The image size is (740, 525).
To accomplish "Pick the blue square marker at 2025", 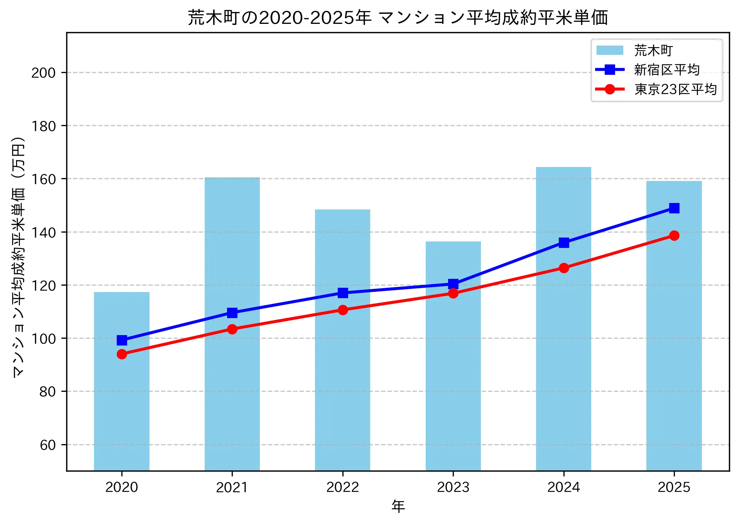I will [x=674, y=208].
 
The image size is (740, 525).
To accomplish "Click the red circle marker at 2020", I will [x=122, y=354].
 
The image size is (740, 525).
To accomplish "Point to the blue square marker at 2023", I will [x=453, y=284].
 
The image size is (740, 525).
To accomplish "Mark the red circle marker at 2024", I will [x=563, y=268].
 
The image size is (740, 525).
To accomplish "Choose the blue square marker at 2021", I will [x=232, y=313].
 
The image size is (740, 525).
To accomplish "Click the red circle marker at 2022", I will [x=343, y=310].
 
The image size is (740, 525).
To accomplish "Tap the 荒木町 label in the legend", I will [x=653, y=51].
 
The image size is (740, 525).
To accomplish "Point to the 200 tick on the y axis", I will [x=43, y=73].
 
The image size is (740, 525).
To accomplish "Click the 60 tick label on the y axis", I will [x=48, y=445].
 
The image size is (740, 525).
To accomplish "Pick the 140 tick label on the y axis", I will [x=43, y=232].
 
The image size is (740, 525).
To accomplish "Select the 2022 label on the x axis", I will [x=343, y=487].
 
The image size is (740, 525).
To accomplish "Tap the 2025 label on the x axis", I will [x=674, y=487].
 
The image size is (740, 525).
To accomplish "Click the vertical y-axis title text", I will [x=19, y=256].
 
